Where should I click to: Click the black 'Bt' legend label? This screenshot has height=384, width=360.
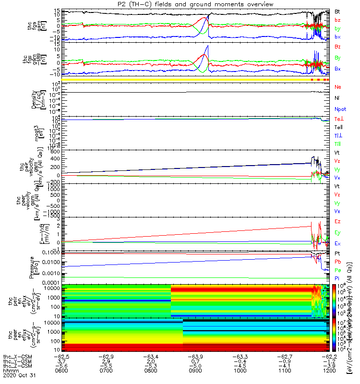[337, 11]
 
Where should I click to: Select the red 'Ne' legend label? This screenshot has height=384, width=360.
[338, 87]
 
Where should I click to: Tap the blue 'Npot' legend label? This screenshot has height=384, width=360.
[340, 109]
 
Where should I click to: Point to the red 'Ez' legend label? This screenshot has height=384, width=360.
[337, 221]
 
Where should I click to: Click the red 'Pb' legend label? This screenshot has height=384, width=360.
[337, 262]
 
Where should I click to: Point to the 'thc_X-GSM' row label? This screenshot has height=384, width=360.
[16, 357]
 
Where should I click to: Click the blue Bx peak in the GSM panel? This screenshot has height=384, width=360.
[208, 46]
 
